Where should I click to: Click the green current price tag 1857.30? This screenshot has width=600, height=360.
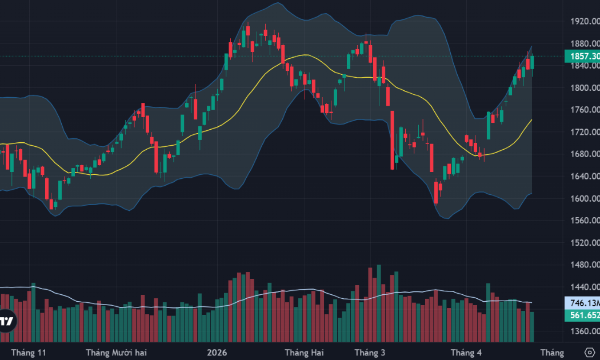(581, 56)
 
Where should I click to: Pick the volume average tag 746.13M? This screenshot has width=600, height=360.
(581, 303)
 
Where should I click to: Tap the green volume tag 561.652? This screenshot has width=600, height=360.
(581, 315)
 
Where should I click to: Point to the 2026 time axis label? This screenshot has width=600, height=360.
(217, 352)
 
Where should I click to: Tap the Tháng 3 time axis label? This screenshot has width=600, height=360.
(370, 352)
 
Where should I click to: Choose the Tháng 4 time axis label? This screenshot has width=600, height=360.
(466, 352)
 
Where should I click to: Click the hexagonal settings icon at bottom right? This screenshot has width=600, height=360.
(590, 351)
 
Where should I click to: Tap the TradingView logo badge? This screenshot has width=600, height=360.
(7, 321)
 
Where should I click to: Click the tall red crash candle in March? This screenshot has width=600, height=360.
(393, 140)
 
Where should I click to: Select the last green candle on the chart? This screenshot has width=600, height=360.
(533, 63)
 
